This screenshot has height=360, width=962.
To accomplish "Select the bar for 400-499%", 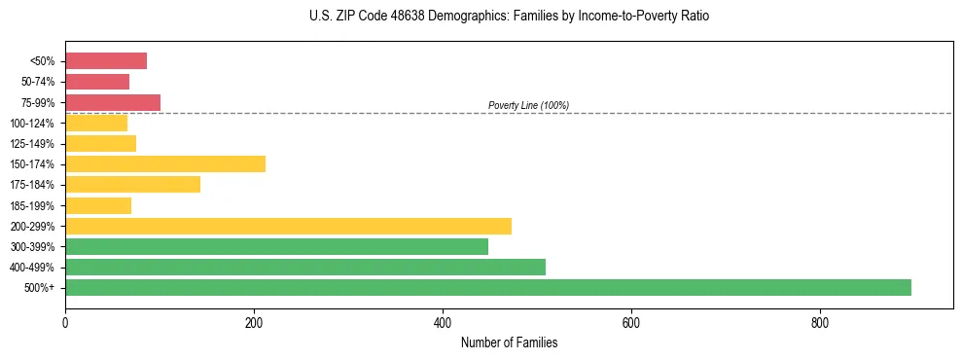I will [305, 267].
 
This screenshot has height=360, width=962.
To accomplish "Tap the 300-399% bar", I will [276, 246].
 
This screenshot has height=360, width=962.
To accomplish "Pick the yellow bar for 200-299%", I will [288, 226].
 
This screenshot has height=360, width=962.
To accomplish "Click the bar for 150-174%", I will [165, 163].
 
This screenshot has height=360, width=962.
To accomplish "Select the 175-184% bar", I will [132, 184].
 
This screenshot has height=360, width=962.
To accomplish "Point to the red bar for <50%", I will [106, 61].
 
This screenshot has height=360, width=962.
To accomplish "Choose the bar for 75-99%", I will [113, 102].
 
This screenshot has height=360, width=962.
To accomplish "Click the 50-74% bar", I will [97, 82].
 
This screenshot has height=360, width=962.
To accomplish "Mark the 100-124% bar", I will [96, 123].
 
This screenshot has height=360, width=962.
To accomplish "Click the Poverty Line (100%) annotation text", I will [528, 105].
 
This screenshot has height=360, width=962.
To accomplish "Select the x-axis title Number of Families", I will [509, 342].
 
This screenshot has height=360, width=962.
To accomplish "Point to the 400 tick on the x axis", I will [443, 322].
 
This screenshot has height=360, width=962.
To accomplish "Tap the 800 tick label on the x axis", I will [820, 322].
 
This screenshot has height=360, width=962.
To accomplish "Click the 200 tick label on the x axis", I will [254, 322].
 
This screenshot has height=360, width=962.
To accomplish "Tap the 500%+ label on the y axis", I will [40, 288].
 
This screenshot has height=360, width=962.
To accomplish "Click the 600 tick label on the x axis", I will [631, 322].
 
